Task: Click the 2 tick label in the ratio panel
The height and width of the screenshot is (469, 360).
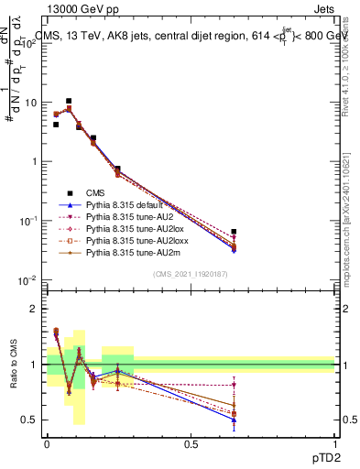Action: click(37, 309)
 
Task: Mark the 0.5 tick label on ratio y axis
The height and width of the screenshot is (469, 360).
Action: click(32, 420)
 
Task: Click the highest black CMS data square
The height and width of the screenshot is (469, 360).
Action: click(69, 101)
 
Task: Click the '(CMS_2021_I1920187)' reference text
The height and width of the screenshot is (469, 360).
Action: click(191, 274)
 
